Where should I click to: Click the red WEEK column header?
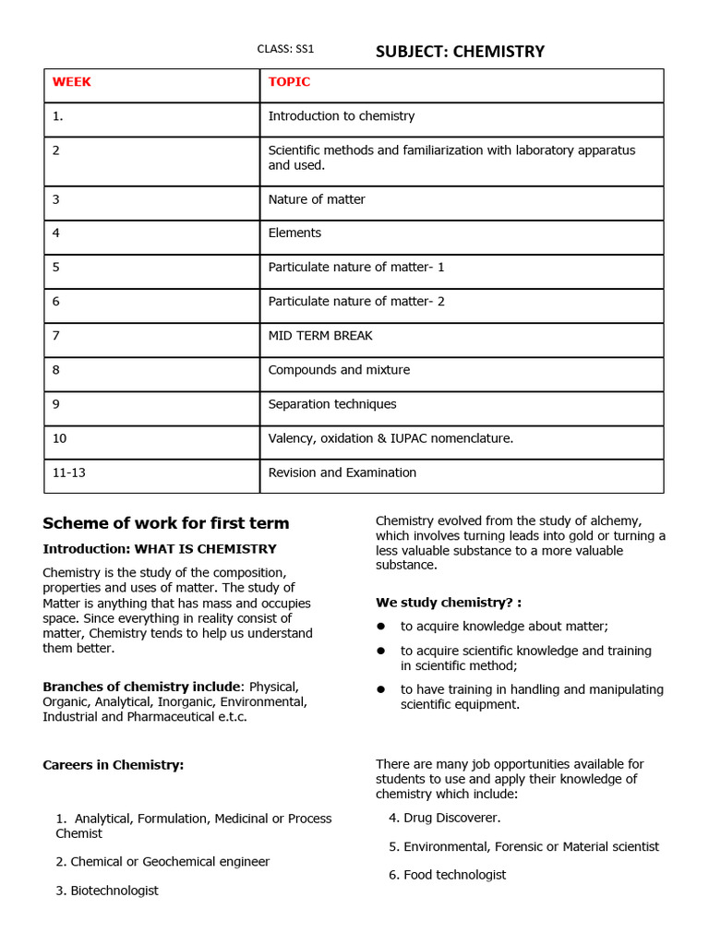72,82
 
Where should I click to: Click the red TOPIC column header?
289,82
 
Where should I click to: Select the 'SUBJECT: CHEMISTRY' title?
460,51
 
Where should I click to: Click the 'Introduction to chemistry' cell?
341,116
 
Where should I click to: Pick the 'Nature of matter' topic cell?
317,199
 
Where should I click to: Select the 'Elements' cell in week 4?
294,233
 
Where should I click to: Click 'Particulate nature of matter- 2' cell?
356,302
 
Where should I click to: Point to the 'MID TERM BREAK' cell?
320,336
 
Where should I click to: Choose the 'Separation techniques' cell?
332,404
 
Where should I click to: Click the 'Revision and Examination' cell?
342,472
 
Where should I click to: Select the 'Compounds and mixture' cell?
339,370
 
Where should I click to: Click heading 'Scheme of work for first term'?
166,523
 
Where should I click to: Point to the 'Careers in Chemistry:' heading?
114,765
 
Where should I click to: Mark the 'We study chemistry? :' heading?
449,603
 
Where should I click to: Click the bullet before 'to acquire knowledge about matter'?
380,626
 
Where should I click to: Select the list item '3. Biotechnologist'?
107,891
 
